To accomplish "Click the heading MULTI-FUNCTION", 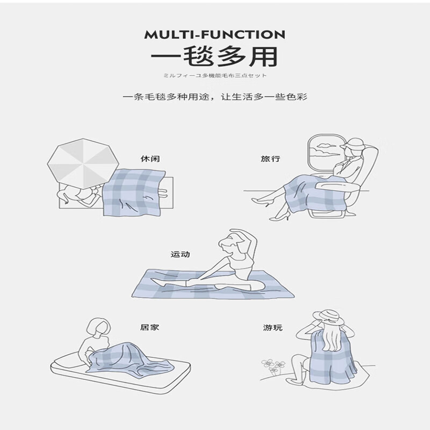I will tap(214, 35).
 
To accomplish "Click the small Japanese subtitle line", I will tap(215, 76).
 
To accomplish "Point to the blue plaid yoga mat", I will tap(215, 285).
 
